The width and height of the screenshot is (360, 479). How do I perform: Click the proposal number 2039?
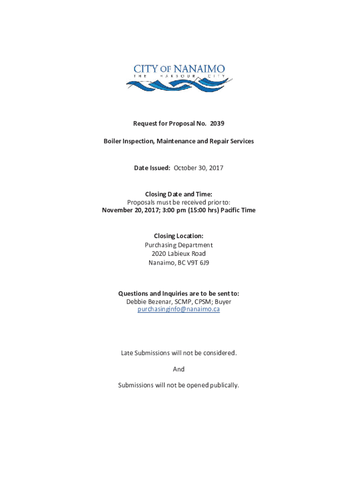pyautogui.click(x=217, y=123)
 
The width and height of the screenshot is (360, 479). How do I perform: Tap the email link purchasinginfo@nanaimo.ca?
pyautogui.click(x=179, y=309)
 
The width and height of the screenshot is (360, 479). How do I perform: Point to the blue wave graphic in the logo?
pyautogui.click(x=178, y=86)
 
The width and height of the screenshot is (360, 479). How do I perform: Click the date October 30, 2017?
pyautogui.click(x=199, y=167)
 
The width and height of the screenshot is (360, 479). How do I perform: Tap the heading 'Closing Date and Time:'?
pyautogui.click(x=179, y=194)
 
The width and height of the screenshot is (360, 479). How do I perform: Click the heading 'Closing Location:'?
pyautogui.click(x=179, y=236)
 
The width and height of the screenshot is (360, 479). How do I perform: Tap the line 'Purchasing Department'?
pyautogui.click(x=179, y=245)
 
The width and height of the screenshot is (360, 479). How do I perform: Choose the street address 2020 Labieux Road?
pyautogui.click(x=179, y=254)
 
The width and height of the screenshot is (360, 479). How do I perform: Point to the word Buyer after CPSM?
pyautogui.click(x=223, y=302)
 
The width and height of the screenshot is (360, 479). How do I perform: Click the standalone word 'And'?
pyautogui.click(x=179, y=369)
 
